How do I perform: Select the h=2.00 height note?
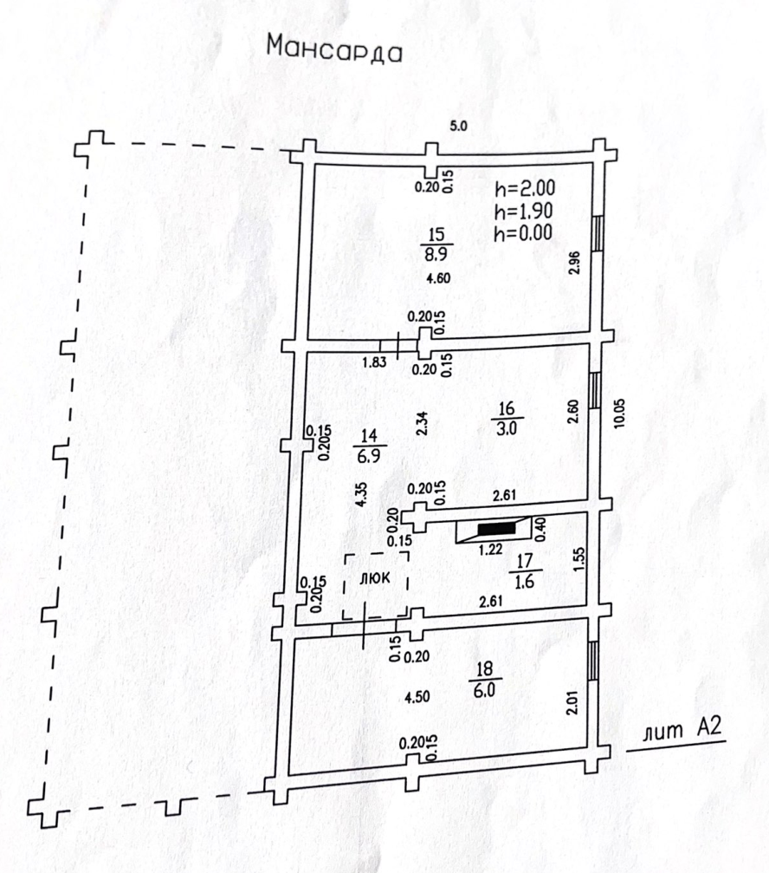tap(525, 188)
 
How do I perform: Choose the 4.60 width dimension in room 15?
tap(440, 278)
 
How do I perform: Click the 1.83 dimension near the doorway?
tap(373, 363)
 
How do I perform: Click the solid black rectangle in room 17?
tap(496, 528)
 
